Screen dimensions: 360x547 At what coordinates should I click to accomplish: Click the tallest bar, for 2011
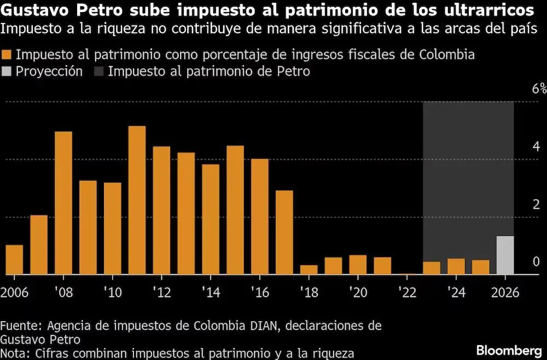click(x=137, y=200)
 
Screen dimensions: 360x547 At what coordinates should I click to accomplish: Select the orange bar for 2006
click(x=14, y=259)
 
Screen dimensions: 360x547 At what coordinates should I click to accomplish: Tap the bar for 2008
click(x=63, y=203)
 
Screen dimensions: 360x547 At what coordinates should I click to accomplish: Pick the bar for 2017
click(x=284, y=232)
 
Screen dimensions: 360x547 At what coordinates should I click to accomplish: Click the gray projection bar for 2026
click(x=505, y=255)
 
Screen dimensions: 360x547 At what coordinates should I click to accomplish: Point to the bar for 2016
click(x=260, y=217)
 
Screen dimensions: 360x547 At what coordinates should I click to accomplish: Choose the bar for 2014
click(x=211, y=219)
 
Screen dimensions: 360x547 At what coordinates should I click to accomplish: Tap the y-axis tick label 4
click(x=536, y=147)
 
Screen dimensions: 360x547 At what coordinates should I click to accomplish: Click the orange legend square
click(x=7, y=55)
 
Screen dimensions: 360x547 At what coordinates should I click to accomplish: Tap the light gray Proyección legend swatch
click(x=7, y=71)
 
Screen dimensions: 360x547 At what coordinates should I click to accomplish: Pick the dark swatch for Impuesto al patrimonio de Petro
click(x=99, y=71)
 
